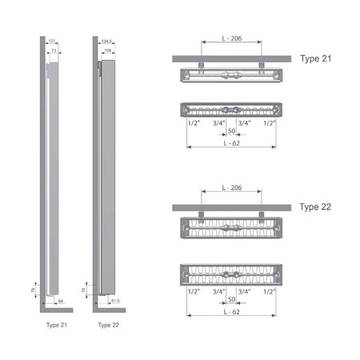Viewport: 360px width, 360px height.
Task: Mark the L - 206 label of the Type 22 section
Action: tap(230, 188)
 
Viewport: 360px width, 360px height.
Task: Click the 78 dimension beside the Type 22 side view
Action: tap(85, 288)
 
